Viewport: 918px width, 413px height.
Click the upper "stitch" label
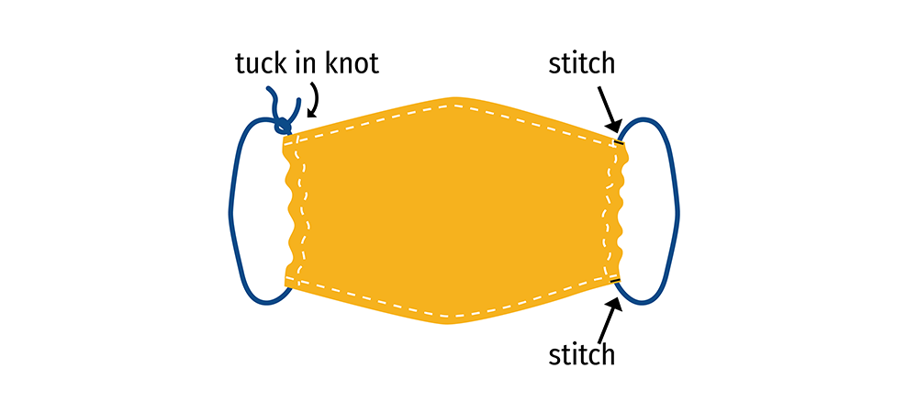(581, 64)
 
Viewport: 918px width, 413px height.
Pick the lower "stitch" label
(581, 354)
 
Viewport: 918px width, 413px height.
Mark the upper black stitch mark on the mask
(620, 142)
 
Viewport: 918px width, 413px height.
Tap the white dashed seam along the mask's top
(450, 106)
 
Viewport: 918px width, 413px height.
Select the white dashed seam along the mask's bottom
(450, 315)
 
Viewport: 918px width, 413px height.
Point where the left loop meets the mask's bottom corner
(292, 287)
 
